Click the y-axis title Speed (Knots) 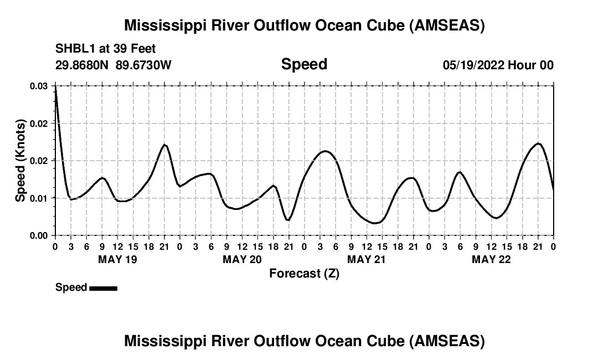[x=20, y=160]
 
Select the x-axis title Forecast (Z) [x=304, y=273]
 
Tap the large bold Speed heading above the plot [x=304, y=64]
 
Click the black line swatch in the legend [x=103, y=288]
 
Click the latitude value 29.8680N [x=83, y=65]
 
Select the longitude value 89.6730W [x=144, y=65]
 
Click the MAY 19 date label [x=117, y=259]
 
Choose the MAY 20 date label [x=242, y=259]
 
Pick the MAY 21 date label [x=367, y=259]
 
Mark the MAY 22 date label [x=491, y=259]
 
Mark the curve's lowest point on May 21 [x=375, y=223]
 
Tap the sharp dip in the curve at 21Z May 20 [x=288, y=220]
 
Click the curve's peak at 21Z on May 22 [x=538, y=143]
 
